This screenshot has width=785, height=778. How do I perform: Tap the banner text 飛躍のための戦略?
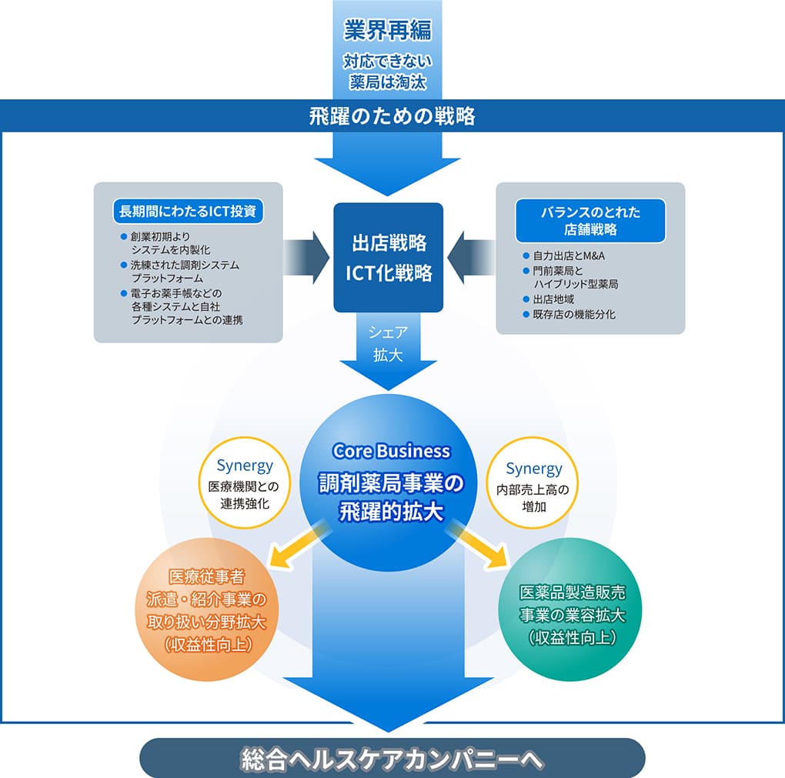(392, 116)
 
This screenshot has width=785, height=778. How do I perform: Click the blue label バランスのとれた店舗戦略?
(590, 220)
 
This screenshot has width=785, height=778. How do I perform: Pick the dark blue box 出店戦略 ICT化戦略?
(388, 257)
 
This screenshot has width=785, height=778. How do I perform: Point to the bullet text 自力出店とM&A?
(570, 255)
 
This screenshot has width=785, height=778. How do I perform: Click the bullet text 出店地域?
(553, 299)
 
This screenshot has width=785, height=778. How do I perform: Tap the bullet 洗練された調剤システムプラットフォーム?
(183, 271)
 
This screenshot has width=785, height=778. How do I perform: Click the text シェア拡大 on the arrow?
(388, 344)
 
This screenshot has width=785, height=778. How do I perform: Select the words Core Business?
(391, 451)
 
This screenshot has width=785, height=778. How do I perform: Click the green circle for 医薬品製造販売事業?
(570, 614)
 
